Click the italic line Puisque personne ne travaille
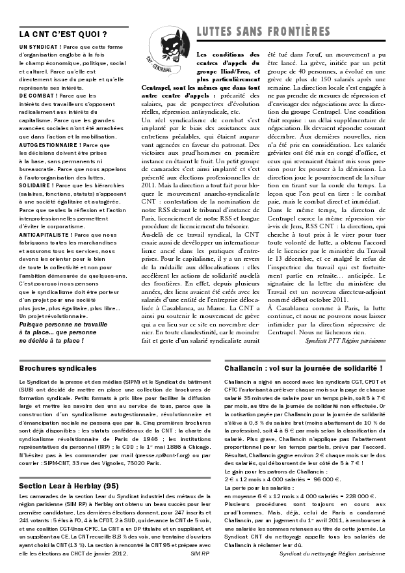click(x=68, y=323)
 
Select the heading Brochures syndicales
click(x=58, y=368)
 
